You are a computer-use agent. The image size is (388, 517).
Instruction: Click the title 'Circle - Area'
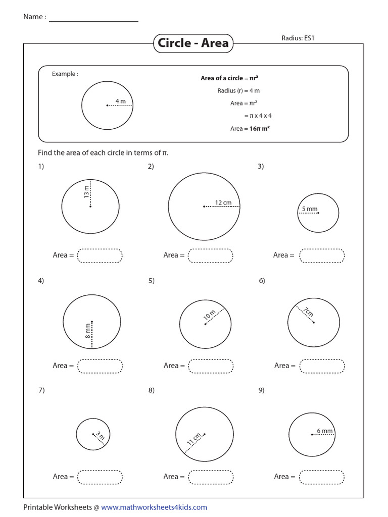pyautogui.click(x=193, y=43)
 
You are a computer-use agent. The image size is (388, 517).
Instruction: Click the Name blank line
pyautogui.click(x=93, y=20)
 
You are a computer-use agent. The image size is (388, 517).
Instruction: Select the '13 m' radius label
pyautogui.click(x=86, y=191)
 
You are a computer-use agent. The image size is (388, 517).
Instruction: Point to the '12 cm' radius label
pyautogui.click(x=223, y=202)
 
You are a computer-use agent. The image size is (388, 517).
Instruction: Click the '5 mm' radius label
pyautogui.click(x=310, y=209)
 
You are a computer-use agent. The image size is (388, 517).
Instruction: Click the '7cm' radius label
pyautogui.click(x=309, y=312)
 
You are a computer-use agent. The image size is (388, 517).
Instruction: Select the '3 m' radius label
pyautogui.click(x=100, y=435)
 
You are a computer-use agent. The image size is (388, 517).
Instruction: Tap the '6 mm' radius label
pyautogui.click(x=324, y=431)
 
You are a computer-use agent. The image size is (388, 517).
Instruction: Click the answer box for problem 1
pyautogui.click(x=100, y=255)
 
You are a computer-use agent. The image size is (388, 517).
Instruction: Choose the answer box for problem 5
pyautogui.click(x=211, y=366)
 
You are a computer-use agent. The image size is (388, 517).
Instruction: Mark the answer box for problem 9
pyautogui.click(x=322, y=477)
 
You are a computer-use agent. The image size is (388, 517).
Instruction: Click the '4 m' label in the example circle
pyautogui.click(x=121, y=101)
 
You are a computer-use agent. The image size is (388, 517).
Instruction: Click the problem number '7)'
pyautogui.click(x=41, y=390)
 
